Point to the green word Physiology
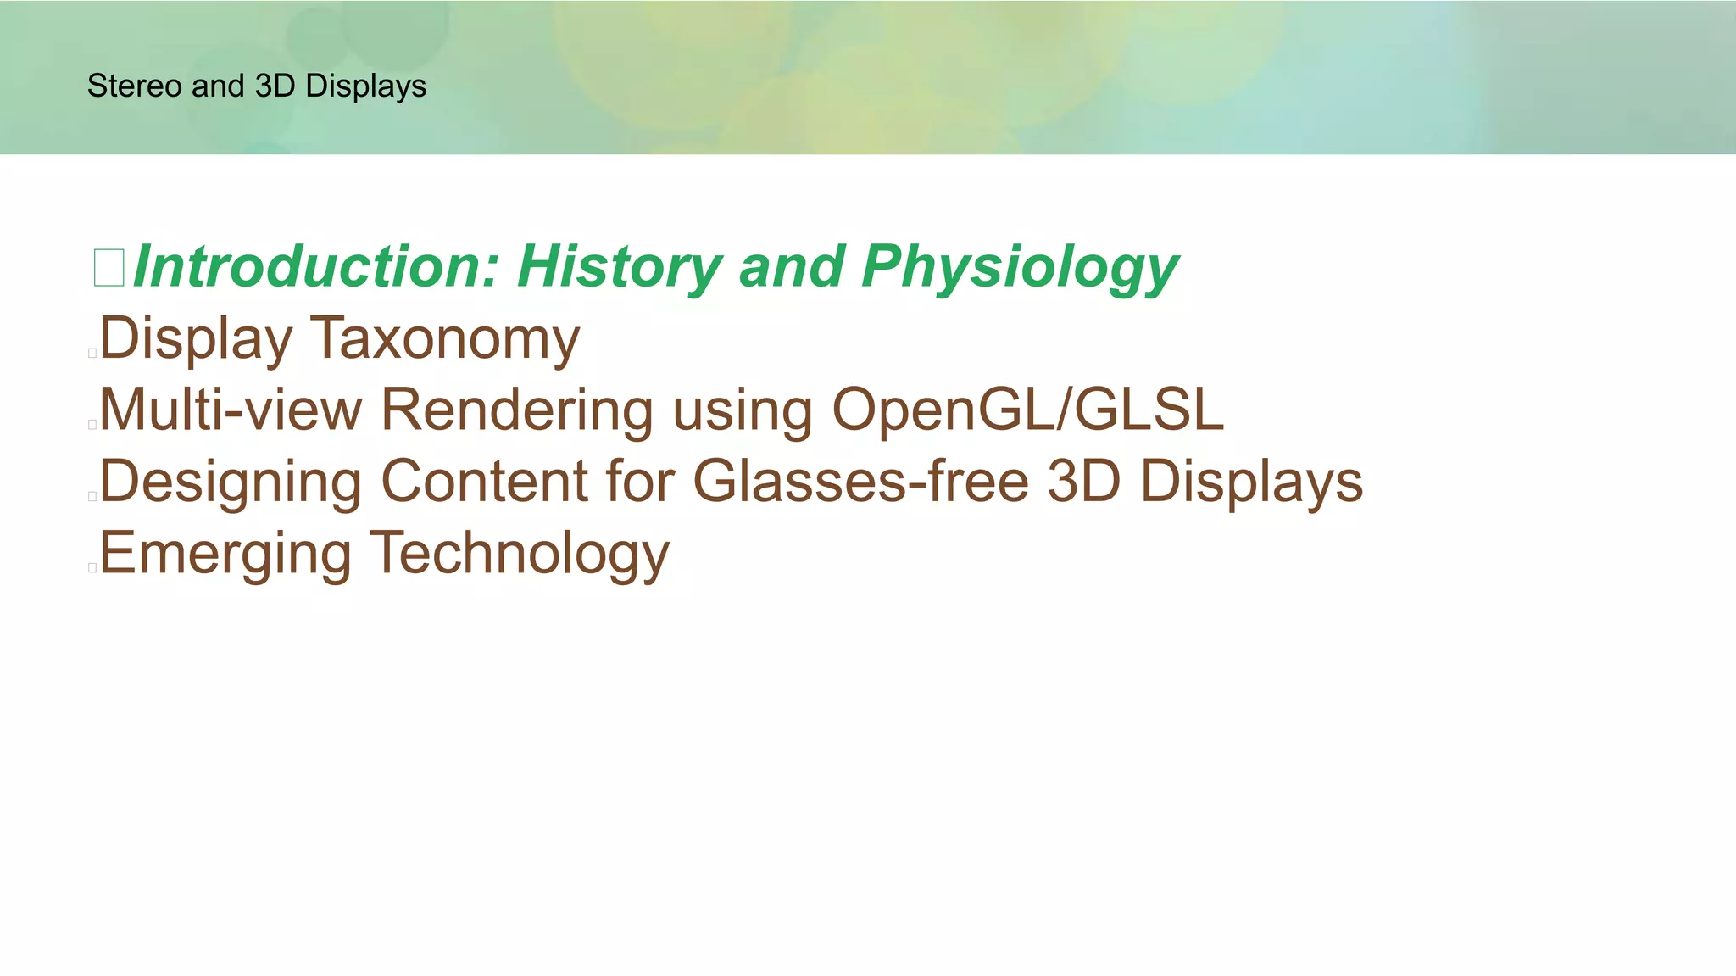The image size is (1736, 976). pyautogui.click(x=1019, y=267)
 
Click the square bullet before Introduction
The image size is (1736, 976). pyautogui.click(x=108, y=268)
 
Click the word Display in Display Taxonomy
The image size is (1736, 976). pyautogui.click(x=196, y=338)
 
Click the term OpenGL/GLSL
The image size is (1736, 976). pyautogui.click(x=1027, y=410)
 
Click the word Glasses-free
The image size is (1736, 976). pyautogui.click(x=860, y=482)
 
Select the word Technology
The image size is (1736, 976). pyautogui.click(x=520, y=553)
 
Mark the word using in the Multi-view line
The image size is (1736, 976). pyautogui.click(x=743, y=410)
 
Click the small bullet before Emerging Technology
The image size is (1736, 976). pyautogui.click(x=92, y=567)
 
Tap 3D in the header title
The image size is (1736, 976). pyautogui.click(x=275, y=86)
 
